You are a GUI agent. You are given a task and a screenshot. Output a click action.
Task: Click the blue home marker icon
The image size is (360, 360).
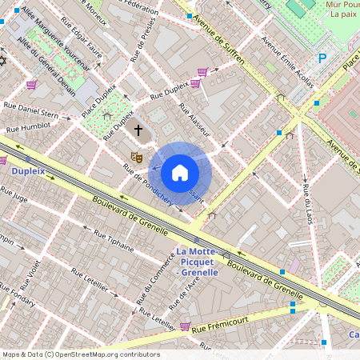coord(180,173)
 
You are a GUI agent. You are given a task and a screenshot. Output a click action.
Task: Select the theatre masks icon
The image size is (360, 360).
coord(137,158)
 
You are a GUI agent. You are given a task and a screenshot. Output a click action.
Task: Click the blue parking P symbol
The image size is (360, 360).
coord(323,58)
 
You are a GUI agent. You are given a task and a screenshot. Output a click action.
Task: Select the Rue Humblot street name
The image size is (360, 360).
coord(28,127)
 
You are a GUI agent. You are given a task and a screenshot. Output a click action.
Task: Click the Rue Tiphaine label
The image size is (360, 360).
coord(114,241)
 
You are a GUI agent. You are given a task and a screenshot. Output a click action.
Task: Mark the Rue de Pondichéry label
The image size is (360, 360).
coord(147,185)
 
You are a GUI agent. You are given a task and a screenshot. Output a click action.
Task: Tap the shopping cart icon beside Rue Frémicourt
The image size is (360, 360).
coord(186,326)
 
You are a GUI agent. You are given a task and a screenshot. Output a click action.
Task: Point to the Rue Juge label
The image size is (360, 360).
coord(15,193)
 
